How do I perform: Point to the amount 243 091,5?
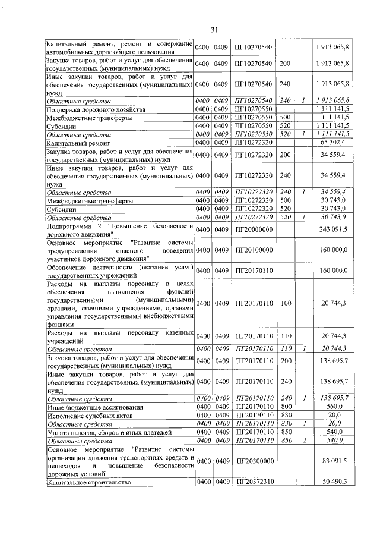pos(334,228)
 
